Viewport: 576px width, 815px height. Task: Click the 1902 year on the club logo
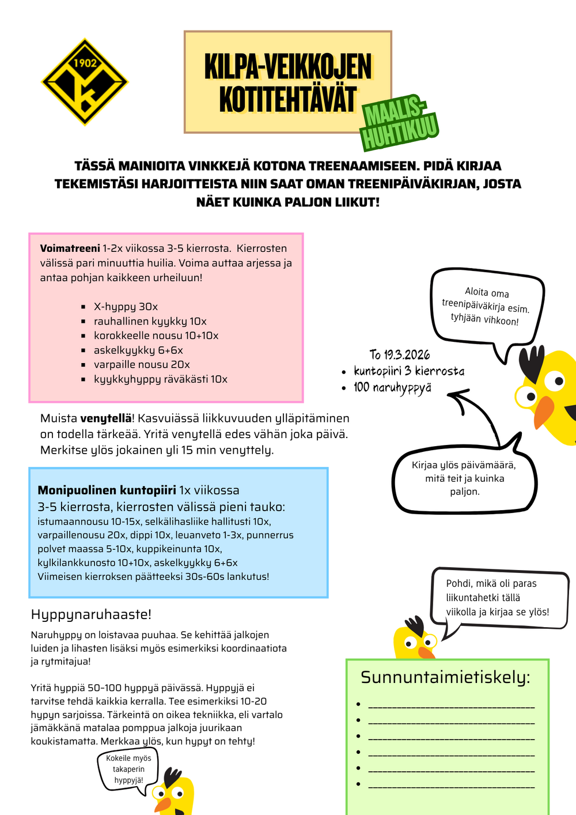pyautogui.click(x=85, y=63)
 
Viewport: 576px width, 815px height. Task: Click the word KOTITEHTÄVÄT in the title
pyautogui.click(x=287, y=99)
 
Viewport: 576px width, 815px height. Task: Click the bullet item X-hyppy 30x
pyautogui.click(x=126, y=307)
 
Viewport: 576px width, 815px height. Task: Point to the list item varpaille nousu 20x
pyautogui.click(x=142, y=364)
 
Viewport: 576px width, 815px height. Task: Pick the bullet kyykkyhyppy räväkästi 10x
pyautogui.click(x=161, y=379)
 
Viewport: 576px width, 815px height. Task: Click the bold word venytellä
pyautogui.click(x=105, y=418)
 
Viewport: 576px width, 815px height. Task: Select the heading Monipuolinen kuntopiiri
pyautogui.click(x=107, y=490)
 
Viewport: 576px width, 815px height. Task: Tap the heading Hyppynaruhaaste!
pyautogui.click(x=91, y=614)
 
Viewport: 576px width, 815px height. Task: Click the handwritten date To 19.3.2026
pyautogui.click(x=400, y=354)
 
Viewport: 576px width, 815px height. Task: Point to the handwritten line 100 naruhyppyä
pyautogui.click(x=392, y=387)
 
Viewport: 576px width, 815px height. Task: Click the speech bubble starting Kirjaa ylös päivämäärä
pyautogui.click(x=464, y=478)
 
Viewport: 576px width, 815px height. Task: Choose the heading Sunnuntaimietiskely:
pyautogui.click(x=445, y=677)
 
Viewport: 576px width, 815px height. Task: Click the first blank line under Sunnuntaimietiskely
pyautogui.click(x=451, y=705)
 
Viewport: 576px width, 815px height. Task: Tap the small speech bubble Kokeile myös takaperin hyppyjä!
pyautogui.click(x=128, y=769)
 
